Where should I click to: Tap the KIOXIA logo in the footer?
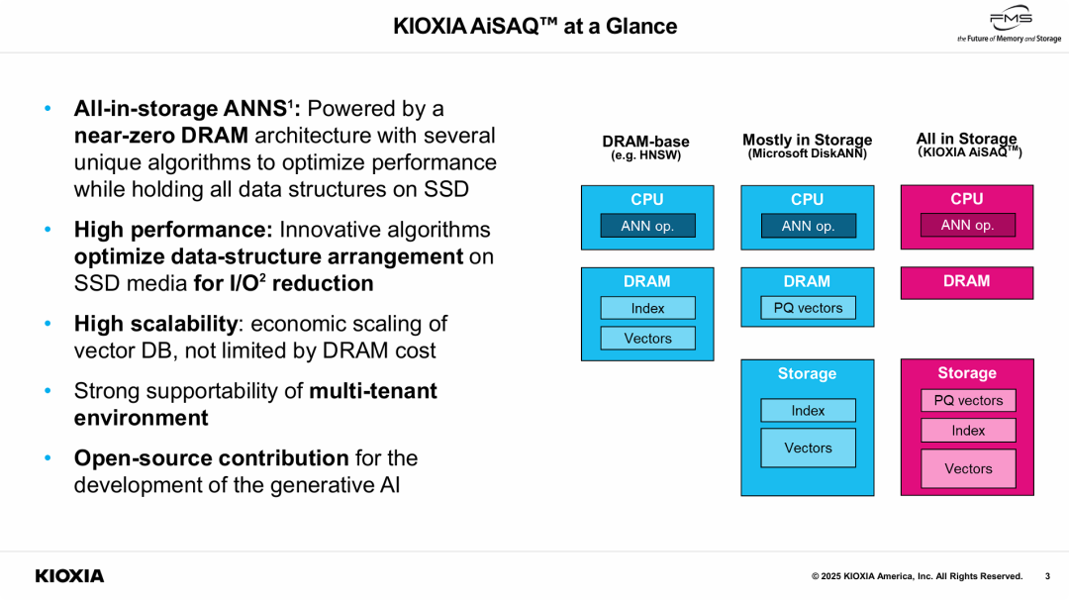69,576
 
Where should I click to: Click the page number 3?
1047,576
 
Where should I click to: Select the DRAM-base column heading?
646,143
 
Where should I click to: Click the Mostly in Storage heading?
807,141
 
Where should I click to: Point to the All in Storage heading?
966,140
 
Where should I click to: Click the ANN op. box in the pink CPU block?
967,225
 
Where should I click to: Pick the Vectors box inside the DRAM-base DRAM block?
647,339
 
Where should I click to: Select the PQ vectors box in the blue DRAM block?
808,308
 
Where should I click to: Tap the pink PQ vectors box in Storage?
968,400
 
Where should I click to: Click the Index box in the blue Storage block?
808,411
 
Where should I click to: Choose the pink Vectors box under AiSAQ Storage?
968,469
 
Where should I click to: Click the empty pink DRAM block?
966,282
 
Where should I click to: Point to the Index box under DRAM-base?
647,308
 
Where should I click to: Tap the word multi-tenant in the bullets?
372,391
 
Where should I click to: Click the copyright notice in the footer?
917,576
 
